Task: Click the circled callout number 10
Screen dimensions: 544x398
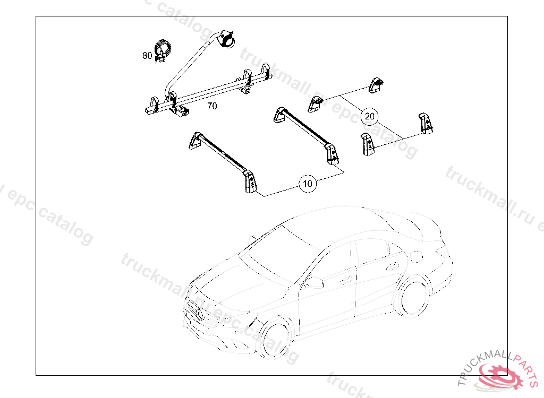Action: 308,184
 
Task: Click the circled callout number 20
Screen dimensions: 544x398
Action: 370,116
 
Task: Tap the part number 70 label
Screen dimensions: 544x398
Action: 212,106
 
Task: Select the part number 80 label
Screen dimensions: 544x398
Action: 147,55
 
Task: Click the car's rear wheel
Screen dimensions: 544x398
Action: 413,296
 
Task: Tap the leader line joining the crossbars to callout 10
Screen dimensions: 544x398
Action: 282,191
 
